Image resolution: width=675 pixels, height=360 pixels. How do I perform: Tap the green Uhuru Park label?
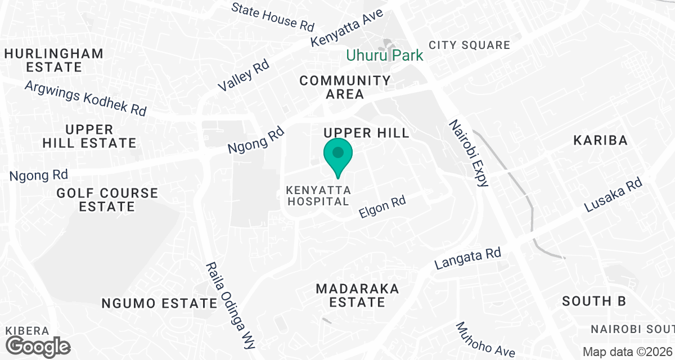[384, 56]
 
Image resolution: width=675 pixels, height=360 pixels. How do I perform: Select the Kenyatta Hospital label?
[318, 195]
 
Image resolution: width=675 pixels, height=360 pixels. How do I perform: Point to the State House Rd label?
[272, 16]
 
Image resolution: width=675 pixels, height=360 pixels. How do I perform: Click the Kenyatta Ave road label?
[347, 28]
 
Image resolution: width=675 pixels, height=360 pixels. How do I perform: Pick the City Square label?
[469, 45]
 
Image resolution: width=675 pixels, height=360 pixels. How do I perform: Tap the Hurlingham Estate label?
[54, 60]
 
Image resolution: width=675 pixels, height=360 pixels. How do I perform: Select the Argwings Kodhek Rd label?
[85, 98]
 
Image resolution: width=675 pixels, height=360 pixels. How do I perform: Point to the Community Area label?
[345, 87]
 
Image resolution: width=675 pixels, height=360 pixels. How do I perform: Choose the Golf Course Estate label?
[107, 200]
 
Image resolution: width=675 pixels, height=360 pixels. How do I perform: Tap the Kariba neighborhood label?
[600, 140]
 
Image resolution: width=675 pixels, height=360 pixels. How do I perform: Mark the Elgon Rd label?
[382, 208]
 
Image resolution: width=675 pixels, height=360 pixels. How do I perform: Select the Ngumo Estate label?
[159, 304]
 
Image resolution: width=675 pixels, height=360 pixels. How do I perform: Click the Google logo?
[38, 345]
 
